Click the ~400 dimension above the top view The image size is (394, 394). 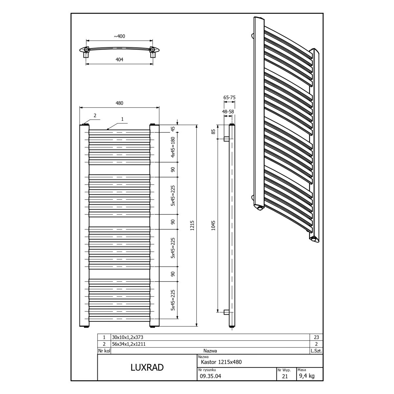[120, 36]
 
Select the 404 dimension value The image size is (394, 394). [120, 59]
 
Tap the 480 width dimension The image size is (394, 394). [120, 103]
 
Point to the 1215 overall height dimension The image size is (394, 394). [192, 226]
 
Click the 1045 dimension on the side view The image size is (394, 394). [213, 226]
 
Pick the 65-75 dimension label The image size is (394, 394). [230, 98]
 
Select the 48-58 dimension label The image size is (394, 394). [228, 112]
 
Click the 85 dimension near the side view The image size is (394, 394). [213, 131]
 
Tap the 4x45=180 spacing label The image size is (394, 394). [173, 147]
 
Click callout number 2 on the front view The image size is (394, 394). [95, 116]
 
